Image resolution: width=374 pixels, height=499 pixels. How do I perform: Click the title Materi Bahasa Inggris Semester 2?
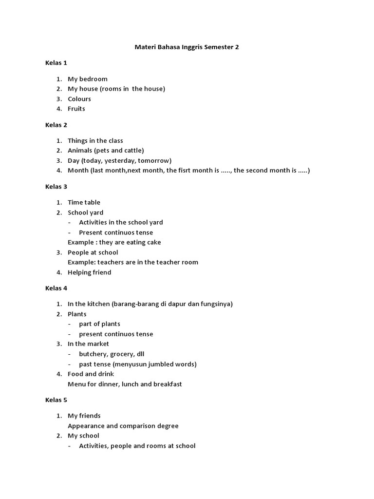(187, 47)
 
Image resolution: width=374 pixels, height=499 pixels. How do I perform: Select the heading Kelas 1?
(56, 63)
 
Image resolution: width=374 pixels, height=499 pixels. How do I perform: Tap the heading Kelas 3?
(56, 187)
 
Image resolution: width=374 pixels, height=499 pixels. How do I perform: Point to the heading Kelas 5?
(56, 400)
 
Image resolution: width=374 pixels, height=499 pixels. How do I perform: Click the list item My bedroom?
(88, 79)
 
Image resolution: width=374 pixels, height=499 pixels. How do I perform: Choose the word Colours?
(79, 99)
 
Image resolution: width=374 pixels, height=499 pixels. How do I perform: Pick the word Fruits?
(76, 109)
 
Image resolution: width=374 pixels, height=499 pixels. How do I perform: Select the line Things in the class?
(95, 141)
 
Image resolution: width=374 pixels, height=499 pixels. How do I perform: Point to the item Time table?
(84, 202)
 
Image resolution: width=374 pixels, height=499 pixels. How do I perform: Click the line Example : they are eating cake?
(114, 242)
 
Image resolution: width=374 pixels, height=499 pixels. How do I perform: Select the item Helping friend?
(90, 272)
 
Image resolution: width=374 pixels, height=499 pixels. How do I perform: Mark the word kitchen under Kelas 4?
(98, 304)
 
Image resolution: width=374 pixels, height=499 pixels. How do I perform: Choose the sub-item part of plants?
(100, 324)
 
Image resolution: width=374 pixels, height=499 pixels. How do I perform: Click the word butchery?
(93, 354)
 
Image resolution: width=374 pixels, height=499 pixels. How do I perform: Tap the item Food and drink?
(91, 374)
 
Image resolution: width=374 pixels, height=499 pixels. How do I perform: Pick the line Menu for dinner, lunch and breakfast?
(125, 384)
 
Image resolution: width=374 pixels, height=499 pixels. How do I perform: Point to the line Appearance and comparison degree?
(123, 426)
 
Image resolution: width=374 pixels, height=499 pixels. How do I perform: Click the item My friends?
(84, 416)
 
